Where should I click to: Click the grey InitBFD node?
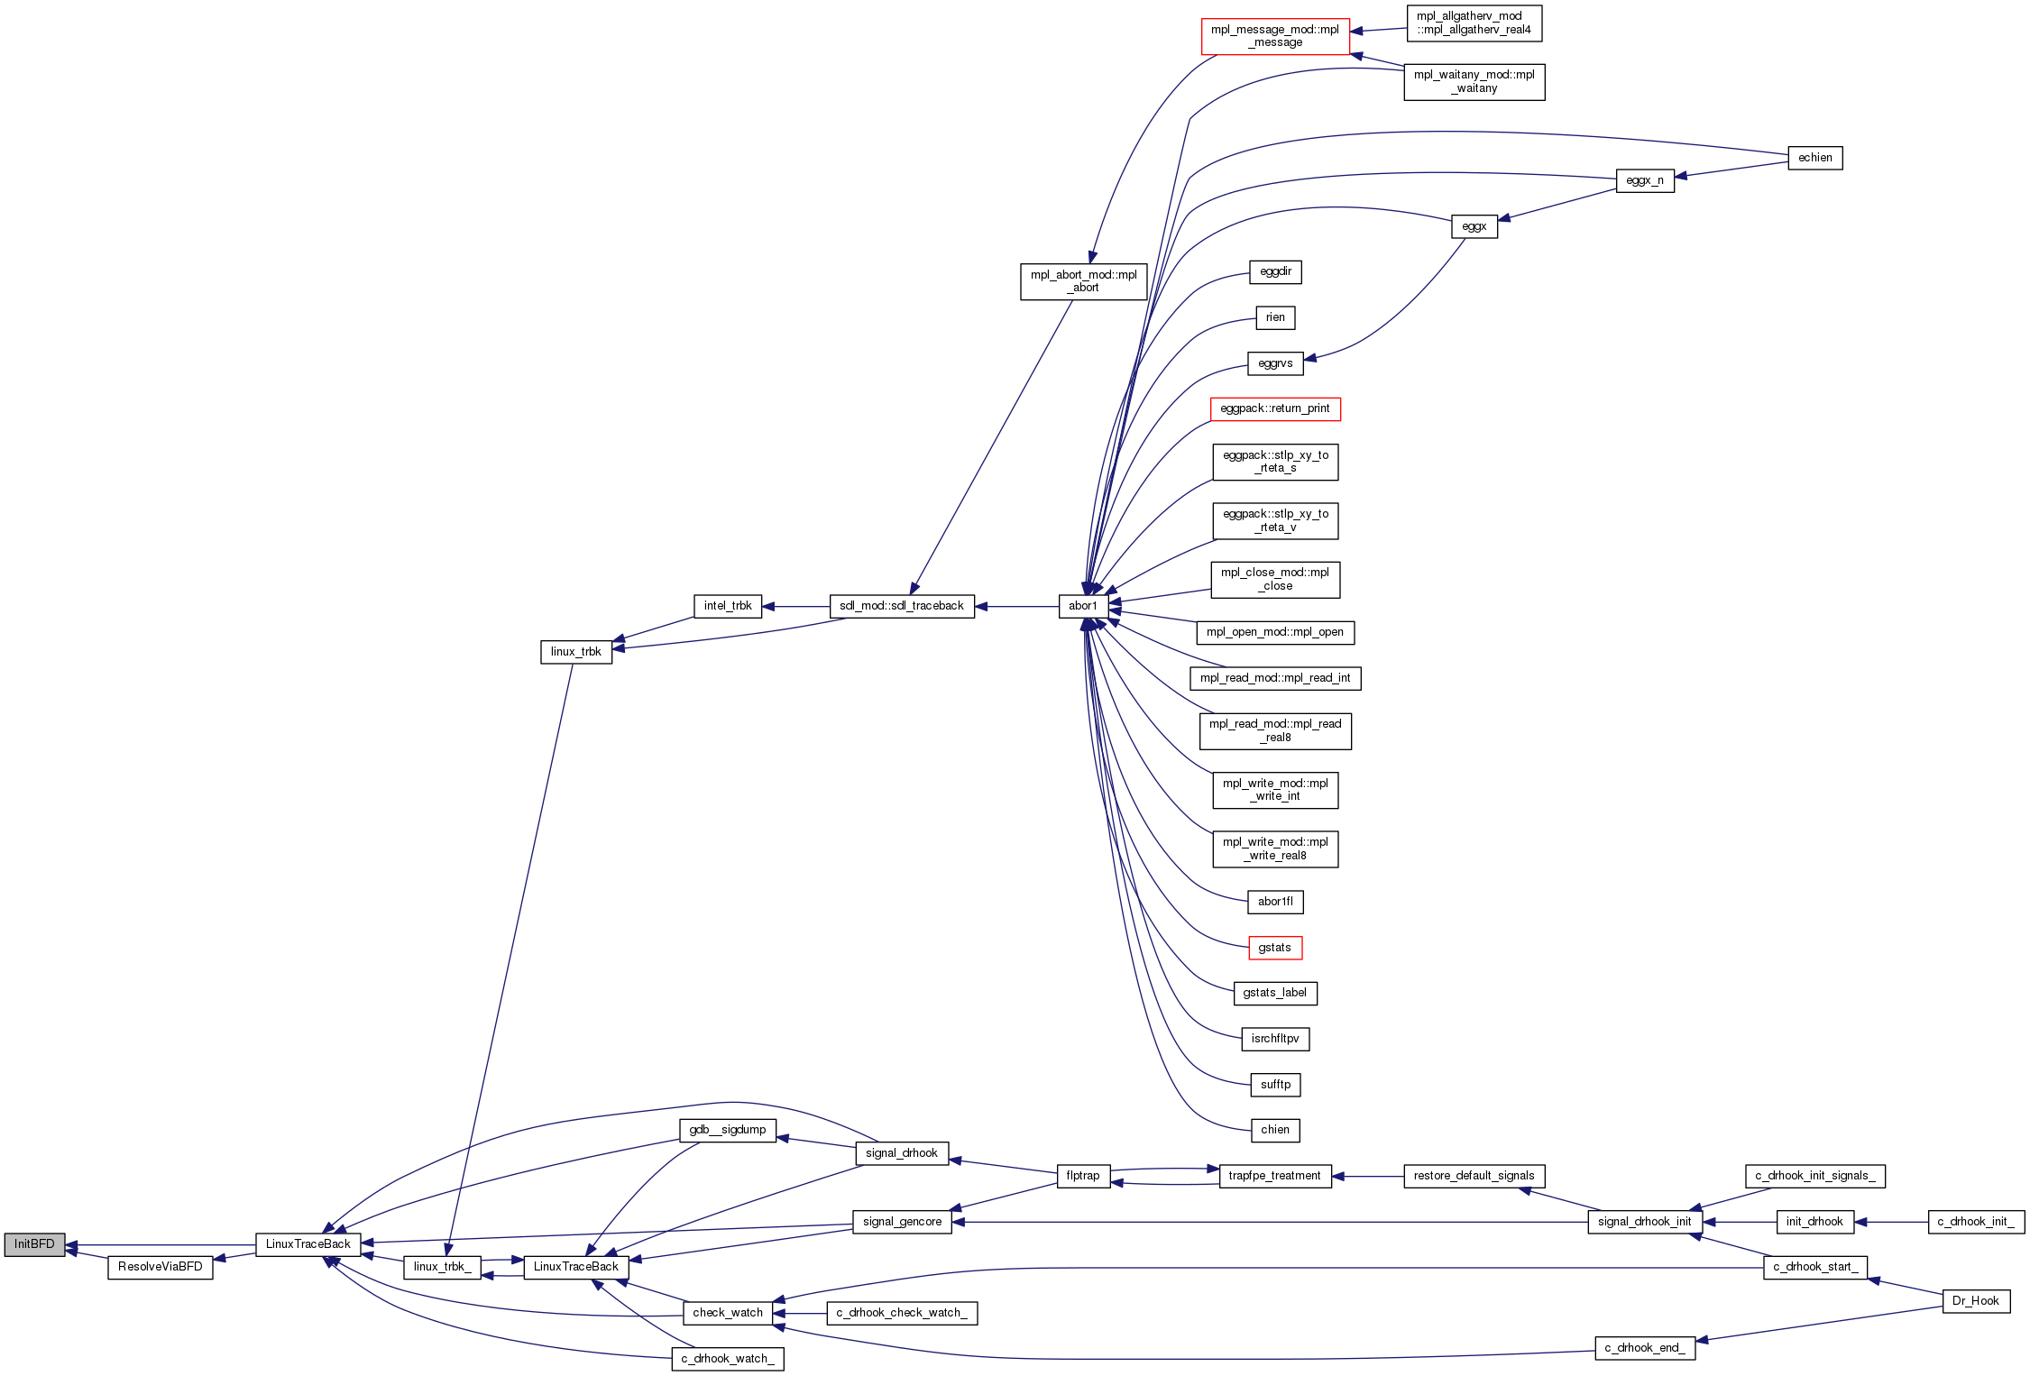34,1244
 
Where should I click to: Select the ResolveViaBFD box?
161,1267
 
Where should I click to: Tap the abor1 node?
1083,606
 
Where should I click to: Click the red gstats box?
1275,948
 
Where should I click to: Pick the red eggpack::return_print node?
1275,408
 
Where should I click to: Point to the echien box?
1815,158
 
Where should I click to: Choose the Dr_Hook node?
1976,1301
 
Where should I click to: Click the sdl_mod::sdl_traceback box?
902,606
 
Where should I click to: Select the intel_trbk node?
728,606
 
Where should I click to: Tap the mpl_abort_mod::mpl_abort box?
1084,281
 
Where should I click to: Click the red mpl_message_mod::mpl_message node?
1275,36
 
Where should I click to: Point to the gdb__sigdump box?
728,1130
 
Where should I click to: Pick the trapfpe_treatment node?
1275,1176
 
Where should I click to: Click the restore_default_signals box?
1474,1176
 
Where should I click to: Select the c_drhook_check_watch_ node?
902,1313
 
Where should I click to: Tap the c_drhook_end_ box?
1646,1348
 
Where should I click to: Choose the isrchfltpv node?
1275,1039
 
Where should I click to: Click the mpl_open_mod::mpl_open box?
1275,632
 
